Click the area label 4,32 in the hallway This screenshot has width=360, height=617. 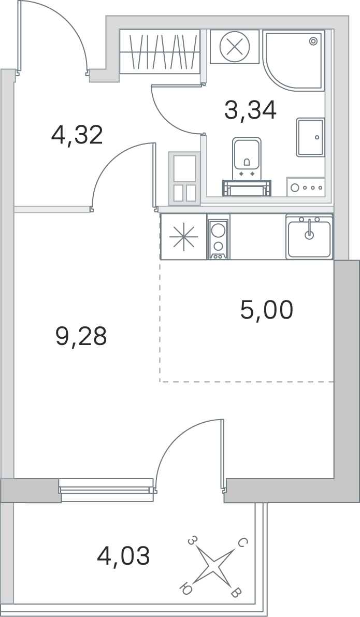coord(78,135)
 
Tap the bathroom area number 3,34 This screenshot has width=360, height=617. coord(250,110)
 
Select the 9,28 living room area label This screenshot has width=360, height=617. coord(81,336)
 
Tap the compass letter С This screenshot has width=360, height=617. coord(242,542)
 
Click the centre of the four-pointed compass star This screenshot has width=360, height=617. coord(212,566)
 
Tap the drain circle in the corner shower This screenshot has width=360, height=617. coord(313,40)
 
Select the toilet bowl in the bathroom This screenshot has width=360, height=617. coord(246,155)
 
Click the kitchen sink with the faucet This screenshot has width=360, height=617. coord(309,236)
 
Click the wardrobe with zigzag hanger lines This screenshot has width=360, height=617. coord(160,52)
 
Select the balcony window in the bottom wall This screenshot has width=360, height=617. coord(107,490)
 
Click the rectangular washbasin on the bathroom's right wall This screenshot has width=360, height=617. coord(310,137)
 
